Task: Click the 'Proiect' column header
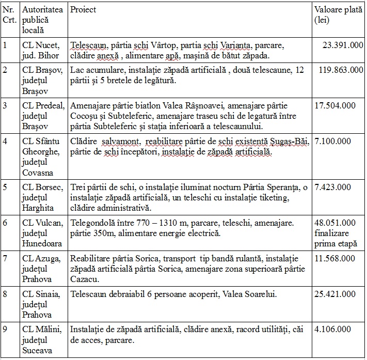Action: [x=83, y=9]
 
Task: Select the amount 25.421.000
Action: [x=334, y=294]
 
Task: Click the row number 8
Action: [x=5, y=294]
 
